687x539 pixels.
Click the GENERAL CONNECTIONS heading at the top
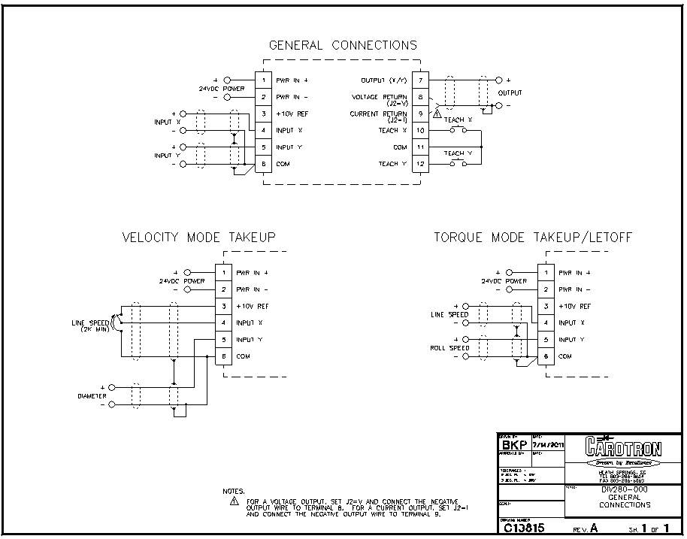[343, 45]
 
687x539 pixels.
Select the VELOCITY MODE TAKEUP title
[199, 238]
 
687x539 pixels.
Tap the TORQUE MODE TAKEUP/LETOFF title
[533, 238]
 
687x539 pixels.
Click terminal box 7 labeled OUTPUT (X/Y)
[421, 80]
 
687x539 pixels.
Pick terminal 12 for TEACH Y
[421, 164]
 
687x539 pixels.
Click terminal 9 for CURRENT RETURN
[421, 114]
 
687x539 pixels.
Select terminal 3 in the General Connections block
[264, 114]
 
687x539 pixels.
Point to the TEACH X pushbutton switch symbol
[458, 130]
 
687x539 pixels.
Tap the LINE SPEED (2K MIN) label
[88, 326]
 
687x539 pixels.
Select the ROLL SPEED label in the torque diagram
[449, 348]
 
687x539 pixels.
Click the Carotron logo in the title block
[622, 449]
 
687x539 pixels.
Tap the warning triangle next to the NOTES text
[234, 501]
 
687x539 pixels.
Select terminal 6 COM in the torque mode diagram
[546, 356]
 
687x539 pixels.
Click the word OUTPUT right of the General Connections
[510, 93]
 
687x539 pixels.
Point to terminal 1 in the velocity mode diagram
[224, 272]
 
